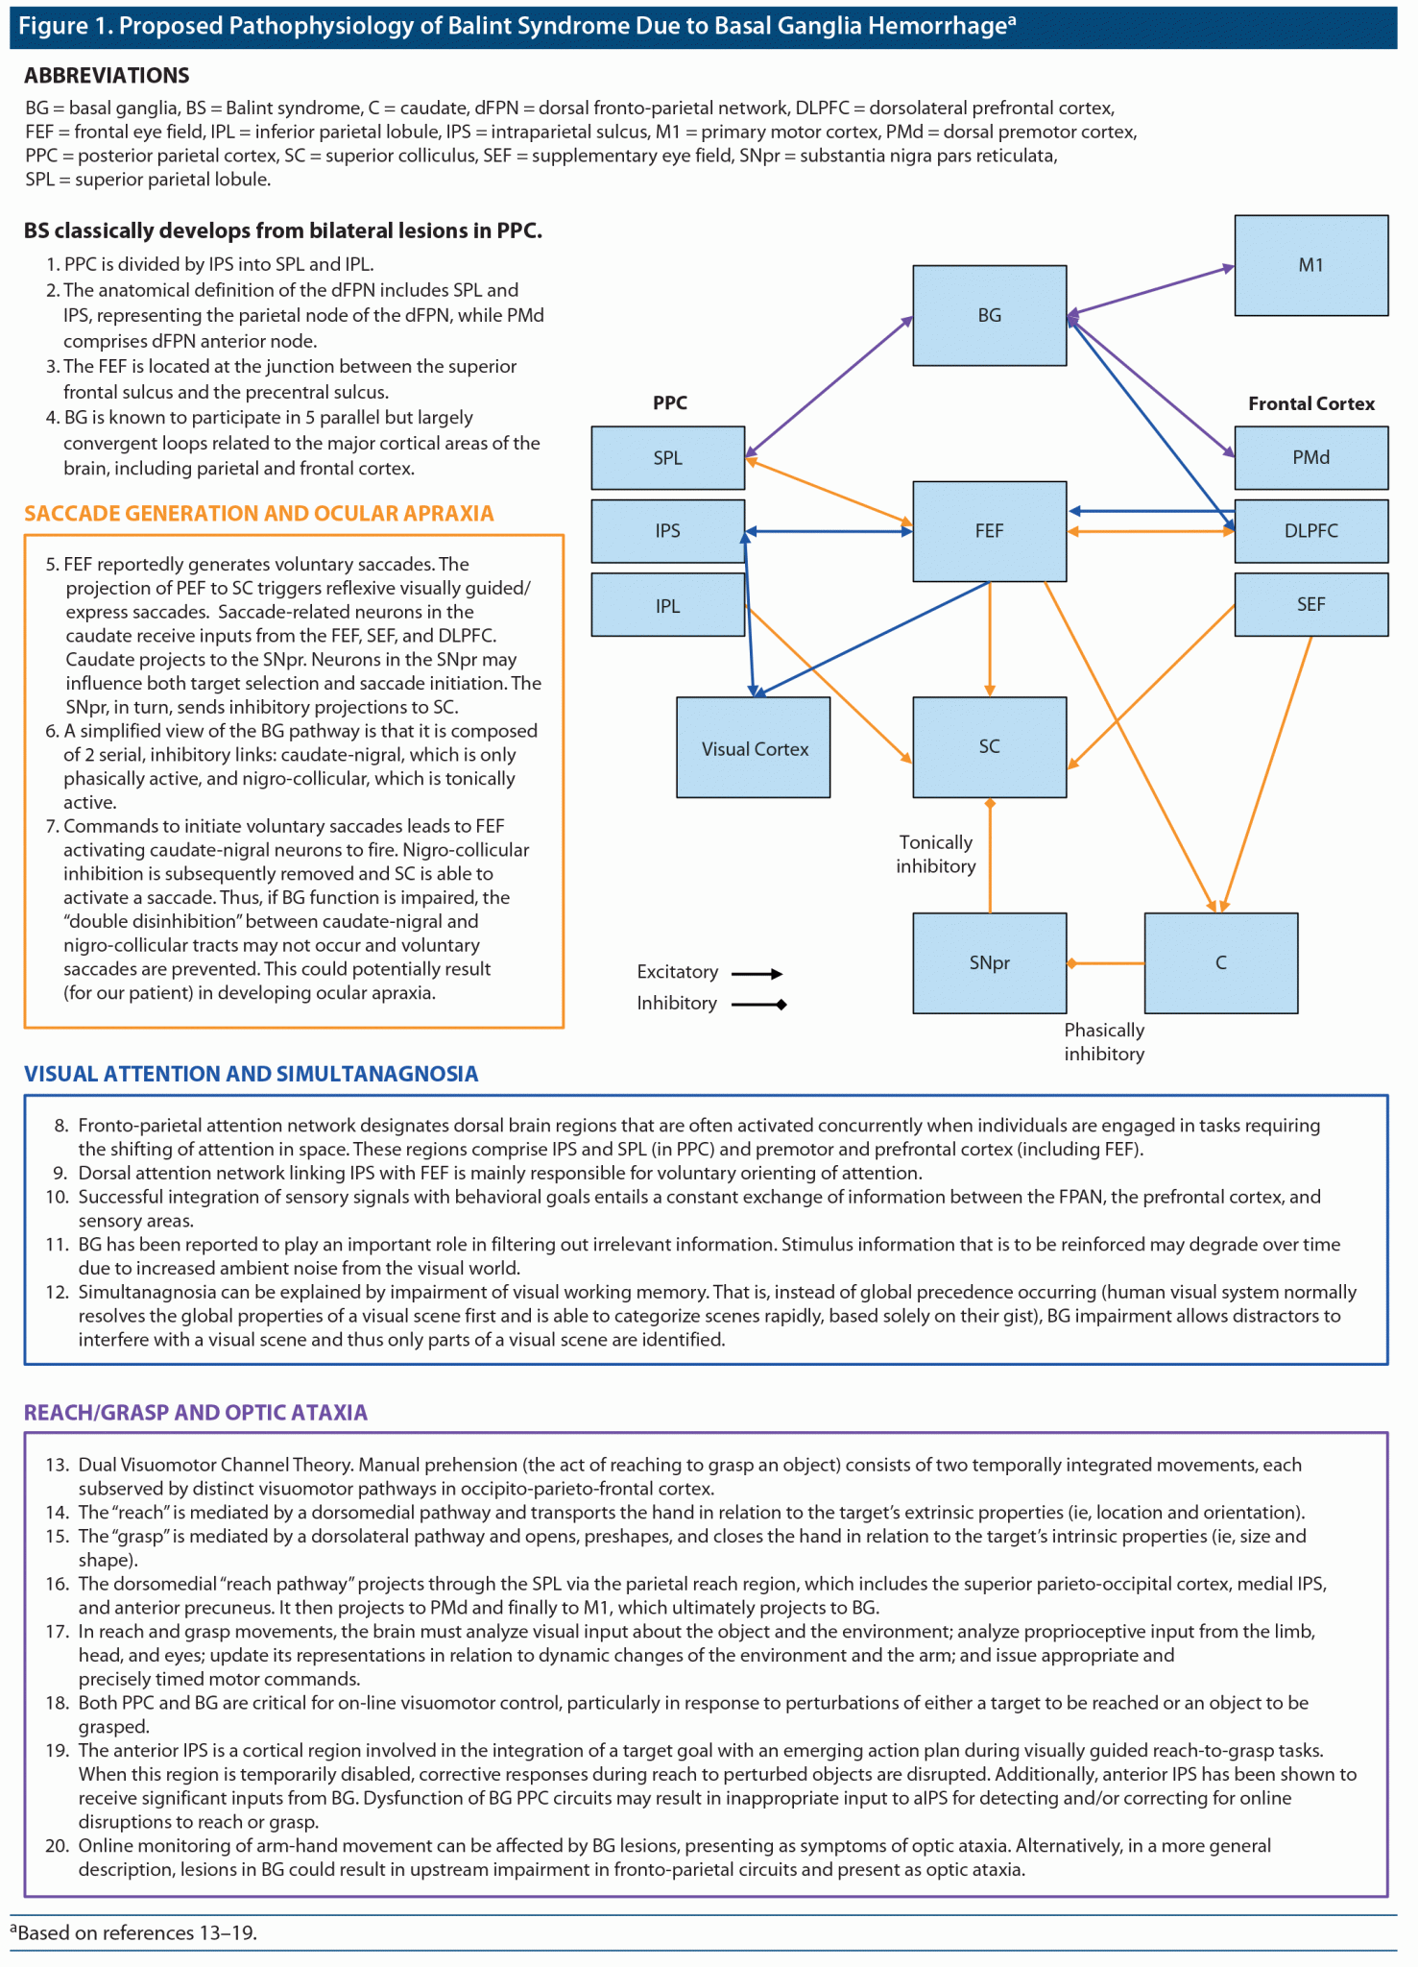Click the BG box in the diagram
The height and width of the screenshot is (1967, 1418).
click(x=989, y=315)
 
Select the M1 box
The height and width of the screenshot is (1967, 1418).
click(x=1310, y=265)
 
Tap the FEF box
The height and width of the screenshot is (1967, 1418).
click(x=989, y=531)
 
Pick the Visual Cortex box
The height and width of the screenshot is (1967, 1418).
click(x=754, y=747)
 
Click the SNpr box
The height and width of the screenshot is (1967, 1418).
click(x=989, y=962)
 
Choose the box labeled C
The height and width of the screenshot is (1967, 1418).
click(x=1220, y=962)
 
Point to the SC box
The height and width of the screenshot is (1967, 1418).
click(x=989, y=746)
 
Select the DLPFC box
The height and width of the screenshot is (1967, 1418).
click(x=1310, y=530)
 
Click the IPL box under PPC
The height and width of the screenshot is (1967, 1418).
click(x=667, y=605)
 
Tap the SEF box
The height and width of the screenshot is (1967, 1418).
click(x=1310, y=604)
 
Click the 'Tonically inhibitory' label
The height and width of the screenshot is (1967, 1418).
click(x=936, y=854)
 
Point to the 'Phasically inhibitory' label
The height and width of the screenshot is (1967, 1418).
click(x=1104, y=1041)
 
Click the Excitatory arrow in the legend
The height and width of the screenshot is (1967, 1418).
click(x=757, y=974)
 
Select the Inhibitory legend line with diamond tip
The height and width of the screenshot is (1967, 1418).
click(x=758, y=1005)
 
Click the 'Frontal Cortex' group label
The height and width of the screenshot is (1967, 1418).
click(x=1310, y=403)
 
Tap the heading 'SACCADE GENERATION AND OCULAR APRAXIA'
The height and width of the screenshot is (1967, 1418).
click(x=259, y=514)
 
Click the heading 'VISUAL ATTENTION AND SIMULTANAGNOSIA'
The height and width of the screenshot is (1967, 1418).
click(x=251, y=1074)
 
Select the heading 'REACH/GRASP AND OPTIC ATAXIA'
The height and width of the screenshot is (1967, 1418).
click(x=196, y=1413)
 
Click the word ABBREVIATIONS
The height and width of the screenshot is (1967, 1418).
click(x=107, y=75)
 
